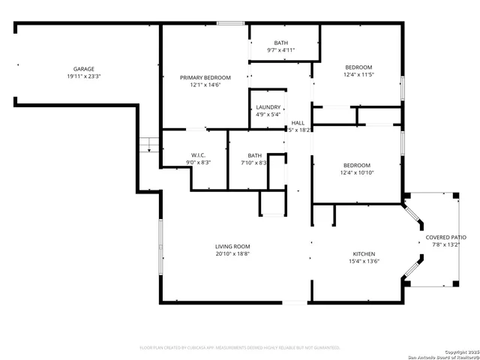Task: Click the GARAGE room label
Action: tap(83, 68)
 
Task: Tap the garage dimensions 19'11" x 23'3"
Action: tap(83, 76)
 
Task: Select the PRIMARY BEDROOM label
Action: tap(205, 77)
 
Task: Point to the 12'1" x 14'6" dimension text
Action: tap(205, 85)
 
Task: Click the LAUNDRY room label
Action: tap(268, 107)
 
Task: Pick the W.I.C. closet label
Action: tap(198, 155)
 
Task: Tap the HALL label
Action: tap(298, 122)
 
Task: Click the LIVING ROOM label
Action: tap(232, 246)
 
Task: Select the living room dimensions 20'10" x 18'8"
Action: tap(232, 253)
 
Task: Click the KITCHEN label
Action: tap(364, 253)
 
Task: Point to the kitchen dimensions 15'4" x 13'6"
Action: tap(364, 261)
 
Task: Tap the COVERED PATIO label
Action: tap(445, 237)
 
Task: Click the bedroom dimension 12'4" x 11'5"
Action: tap(358, 75)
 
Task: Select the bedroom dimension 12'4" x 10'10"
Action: tap(358, 172)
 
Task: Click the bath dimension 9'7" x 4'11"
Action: tap(281, 50)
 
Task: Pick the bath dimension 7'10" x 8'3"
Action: tap(254, 163)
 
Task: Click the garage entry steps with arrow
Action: tap(150, 144)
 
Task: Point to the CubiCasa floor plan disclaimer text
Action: tap(240, 347)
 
